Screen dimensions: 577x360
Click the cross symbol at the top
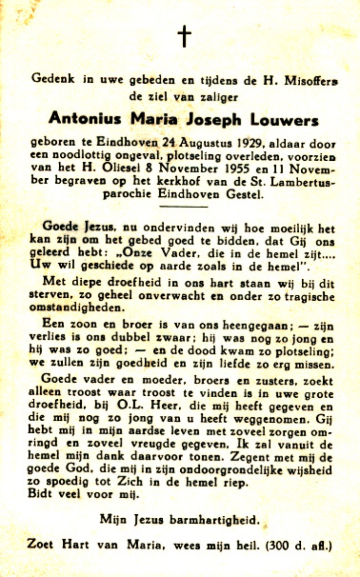pos(184,37)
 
